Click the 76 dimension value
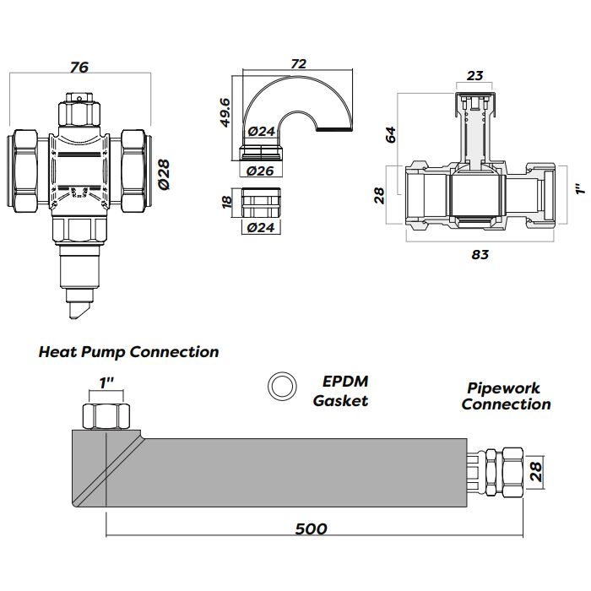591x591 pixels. click(x=79, y=68)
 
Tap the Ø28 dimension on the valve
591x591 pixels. click(x=165, y=173)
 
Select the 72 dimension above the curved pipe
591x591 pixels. click(x=298, y=64)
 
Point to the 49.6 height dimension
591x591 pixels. click(x=225, y=111)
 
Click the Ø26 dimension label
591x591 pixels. click(x=262, y=171)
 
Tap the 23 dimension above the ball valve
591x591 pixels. click(x=475, y=76)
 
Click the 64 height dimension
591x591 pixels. click(x=391, y=133)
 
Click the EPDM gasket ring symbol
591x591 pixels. click(x=281, y=387)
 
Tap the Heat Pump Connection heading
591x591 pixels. click(x=128, y=352)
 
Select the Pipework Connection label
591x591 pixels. click(x=506, y=396)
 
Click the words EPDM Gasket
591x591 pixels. click(x=341, y=392)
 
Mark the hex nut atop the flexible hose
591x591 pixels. click(x=106, y=416)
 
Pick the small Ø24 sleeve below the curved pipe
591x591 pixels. click(x=262, y=203)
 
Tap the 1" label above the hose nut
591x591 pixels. click(x=107, y=383)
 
